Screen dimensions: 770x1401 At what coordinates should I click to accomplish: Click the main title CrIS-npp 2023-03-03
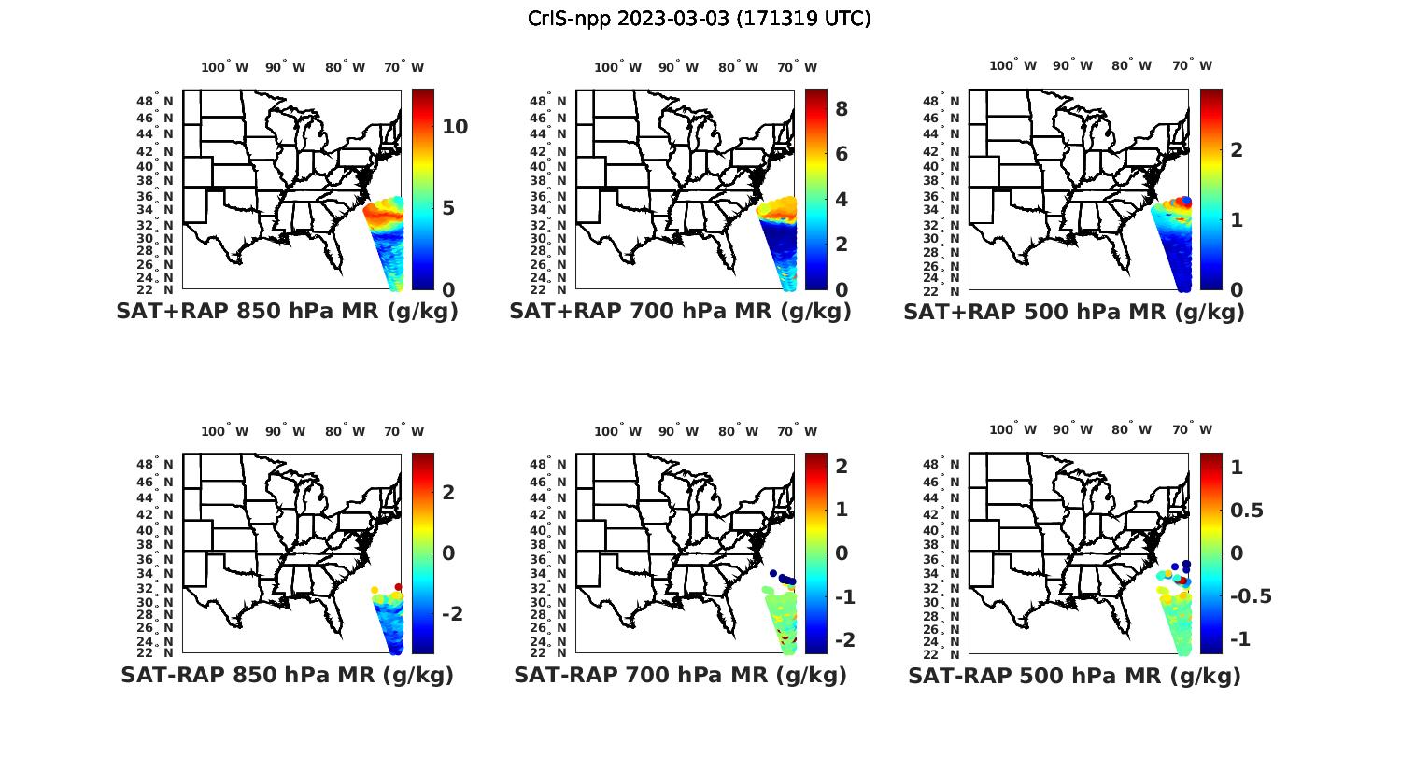point(700,19)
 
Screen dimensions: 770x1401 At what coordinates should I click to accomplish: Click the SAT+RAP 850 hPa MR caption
point(287,312)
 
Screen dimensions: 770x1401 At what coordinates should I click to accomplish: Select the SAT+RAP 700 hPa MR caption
point(680,312)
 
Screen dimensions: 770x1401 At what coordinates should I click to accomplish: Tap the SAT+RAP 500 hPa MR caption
point(1074,313)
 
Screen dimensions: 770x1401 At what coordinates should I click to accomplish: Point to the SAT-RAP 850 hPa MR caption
point(287,675)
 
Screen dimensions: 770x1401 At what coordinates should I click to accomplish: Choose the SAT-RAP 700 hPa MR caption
point(680,675)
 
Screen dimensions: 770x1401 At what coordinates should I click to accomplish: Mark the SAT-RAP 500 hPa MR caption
point(1074,676)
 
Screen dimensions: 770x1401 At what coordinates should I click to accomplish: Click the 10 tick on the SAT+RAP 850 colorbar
point(455,127)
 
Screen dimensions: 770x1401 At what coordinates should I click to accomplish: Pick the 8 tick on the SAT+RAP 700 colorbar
point(842,109)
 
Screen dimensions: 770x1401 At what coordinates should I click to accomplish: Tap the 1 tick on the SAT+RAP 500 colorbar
point(1237,220)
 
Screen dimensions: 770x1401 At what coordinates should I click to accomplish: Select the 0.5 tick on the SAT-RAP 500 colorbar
point(1247,510)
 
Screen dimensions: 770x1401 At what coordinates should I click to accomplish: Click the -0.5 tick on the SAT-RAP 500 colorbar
point(1252,596)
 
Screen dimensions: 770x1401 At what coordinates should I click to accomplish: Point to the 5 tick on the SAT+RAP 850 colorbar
point(448,207)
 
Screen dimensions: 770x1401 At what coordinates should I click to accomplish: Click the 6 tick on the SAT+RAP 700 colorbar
point(842,154)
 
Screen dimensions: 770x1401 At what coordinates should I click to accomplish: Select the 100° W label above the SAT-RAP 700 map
point(617,431)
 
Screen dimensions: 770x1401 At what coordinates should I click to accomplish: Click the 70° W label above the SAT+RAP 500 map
point(1192,65)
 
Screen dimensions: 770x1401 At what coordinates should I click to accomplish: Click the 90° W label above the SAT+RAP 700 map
point(678,67)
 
